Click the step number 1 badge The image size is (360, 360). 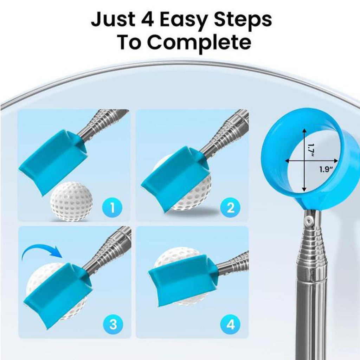[x=112, y=207]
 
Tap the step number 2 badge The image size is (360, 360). [x=230, y=207]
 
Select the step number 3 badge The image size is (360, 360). [x=112, y=324]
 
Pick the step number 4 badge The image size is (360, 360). [x=230, y=324]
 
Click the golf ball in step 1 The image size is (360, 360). [x=71, y=201]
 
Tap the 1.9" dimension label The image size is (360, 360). [x=326, y=170]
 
